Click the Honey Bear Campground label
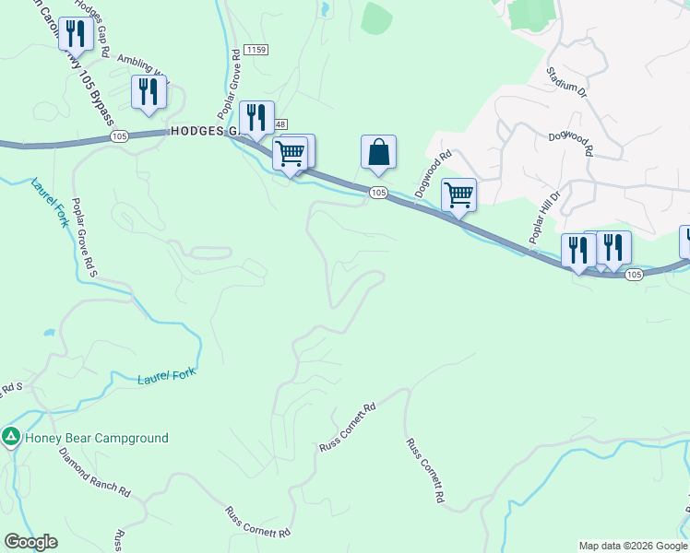coord(97,438)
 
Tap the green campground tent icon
coord(11,437)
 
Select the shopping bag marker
coord(378,152)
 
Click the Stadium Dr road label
coord(565,82)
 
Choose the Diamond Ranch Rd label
coord(94,471)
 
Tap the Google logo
coord(30,542)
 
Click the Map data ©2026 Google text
coord(632,546)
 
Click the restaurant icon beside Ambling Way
coord(148,91)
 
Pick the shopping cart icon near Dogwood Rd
coord(458,194)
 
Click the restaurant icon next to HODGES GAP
coord(256,117)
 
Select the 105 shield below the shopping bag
coord(378,192)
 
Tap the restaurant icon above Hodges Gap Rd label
coord(75,34)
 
